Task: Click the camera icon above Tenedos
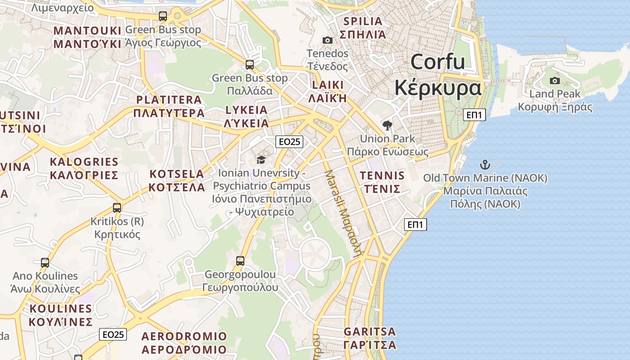click(x=328, y=40)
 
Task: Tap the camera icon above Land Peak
click(x=555, y=81)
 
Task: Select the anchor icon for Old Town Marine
click(x=485, y=165)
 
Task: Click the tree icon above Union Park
click(x=387, y=126)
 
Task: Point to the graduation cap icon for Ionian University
click(x=261, y=160)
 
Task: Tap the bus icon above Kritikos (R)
click(x=117, y=208)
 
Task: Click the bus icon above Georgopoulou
click(x=240, y=261)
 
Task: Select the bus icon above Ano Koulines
click(x=45, y=263)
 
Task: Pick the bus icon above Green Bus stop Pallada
click(x=250, y=65)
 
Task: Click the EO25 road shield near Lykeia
click(x=289, y=142)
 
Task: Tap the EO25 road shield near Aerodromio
click(x=113, y=334)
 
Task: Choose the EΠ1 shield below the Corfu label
click(x=474, y=115)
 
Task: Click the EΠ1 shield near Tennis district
click(x=415, y=225)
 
